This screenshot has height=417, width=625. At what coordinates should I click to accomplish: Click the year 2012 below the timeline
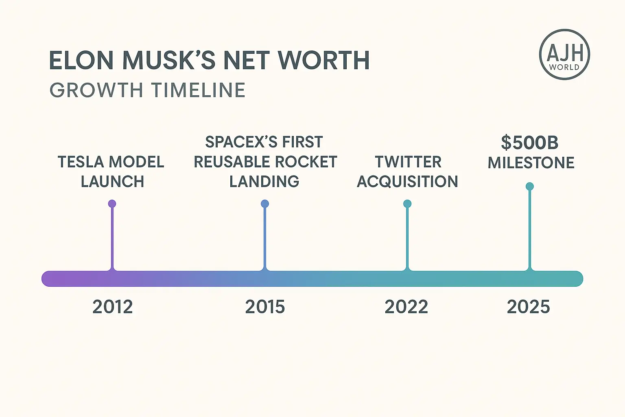click(x=112, y=307)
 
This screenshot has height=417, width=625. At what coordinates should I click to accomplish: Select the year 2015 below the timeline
click(x=265, y=307)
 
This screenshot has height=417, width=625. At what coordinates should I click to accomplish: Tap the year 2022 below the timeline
click(x=406, y=307)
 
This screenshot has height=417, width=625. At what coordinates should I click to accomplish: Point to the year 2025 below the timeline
click(x=528, y=307)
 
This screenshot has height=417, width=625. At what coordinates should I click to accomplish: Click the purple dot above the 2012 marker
click(x=112, y=204)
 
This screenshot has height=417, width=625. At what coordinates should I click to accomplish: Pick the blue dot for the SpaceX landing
click(x=265, y=204)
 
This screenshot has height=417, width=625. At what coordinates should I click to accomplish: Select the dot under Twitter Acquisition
click(x=407, y=204)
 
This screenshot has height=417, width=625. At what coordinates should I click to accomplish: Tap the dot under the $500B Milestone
click(x=529, y=186)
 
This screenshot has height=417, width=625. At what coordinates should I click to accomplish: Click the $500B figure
click(x=529, y=143)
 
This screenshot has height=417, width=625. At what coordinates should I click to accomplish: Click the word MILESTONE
click(x=531, y=163)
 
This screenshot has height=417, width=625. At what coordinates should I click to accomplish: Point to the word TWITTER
click(x=408, y=162)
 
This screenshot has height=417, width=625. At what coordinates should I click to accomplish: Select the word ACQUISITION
click(x=407, y=182)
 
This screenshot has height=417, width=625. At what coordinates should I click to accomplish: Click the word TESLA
click(x=81, y=162)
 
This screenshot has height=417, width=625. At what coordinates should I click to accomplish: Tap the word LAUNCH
click(x=112, y=182)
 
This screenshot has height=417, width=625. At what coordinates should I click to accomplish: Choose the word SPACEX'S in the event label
click(x=241, y=142)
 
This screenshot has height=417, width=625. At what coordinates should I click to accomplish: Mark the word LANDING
click(x=264, y=182)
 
